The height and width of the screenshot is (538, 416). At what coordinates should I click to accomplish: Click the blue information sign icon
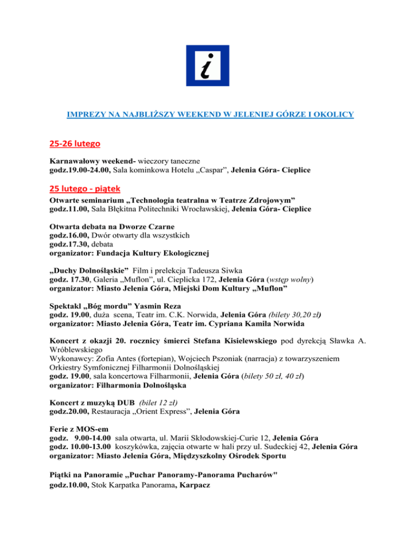(x=207, y=69)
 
